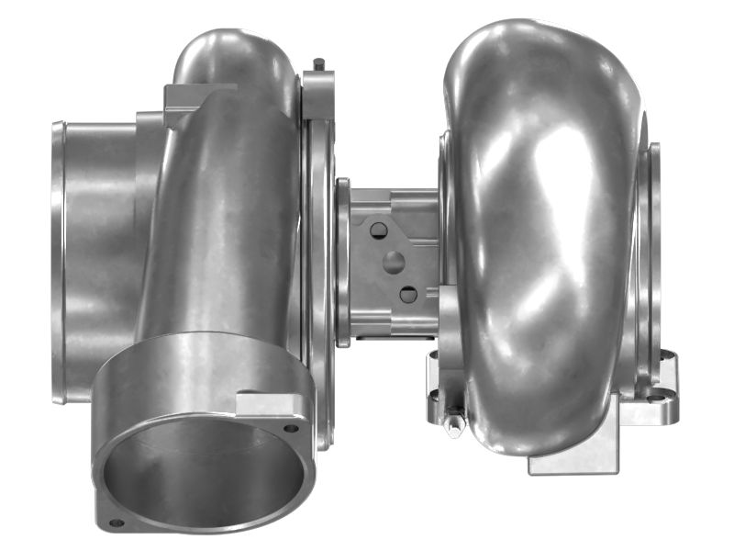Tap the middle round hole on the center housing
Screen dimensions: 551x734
tap(394, 262)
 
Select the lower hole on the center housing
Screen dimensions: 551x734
tap(408, 294)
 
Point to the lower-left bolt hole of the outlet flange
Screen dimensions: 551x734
tap(117, 523)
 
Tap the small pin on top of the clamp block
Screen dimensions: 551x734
tap(317, 64)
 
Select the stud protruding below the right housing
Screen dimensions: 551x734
tap(453, 425)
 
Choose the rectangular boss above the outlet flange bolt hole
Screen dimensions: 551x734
tap(266, 404)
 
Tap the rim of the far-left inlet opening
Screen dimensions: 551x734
tap(58, 262)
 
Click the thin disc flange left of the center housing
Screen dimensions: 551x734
tap(342, 262)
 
